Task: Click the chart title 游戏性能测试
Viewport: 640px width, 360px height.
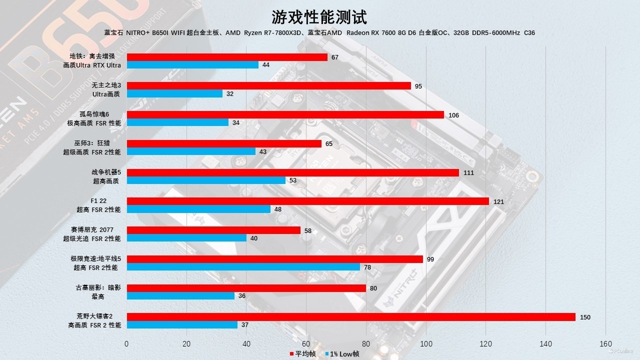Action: (319, 17)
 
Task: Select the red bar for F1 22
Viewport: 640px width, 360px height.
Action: (307, 201)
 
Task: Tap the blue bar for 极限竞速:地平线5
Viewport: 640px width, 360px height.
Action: (243, 267)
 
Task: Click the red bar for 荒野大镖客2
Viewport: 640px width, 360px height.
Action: (351, 317)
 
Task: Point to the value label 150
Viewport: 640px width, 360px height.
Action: (585, 317)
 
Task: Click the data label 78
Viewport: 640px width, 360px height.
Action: (367, 267)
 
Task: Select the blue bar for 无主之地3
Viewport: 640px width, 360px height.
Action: (174, 93)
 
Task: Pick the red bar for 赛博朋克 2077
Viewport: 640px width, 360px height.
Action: (213, 230)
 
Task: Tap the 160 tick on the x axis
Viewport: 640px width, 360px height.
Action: (605, 344)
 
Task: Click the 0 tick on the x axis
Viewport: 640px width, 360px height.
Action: (126, 344)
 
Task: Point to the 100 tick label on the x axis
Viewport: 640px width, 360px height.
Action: (425, 344)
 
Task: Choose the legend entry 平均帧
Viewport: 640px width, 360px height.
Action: (303, 354)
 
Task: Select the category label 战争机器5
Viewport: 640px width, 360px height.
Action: (106, 172)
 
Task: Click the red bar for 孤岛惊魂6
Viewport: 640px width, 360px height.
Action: (285, 115)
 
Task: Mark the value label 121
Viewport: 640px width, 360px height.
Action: (498, 202)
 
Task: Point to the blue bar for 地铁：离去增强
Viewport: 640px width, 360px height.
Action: (192, 65)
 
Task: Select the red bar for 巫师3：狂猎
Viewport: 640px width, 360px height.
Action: (224, 143)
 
